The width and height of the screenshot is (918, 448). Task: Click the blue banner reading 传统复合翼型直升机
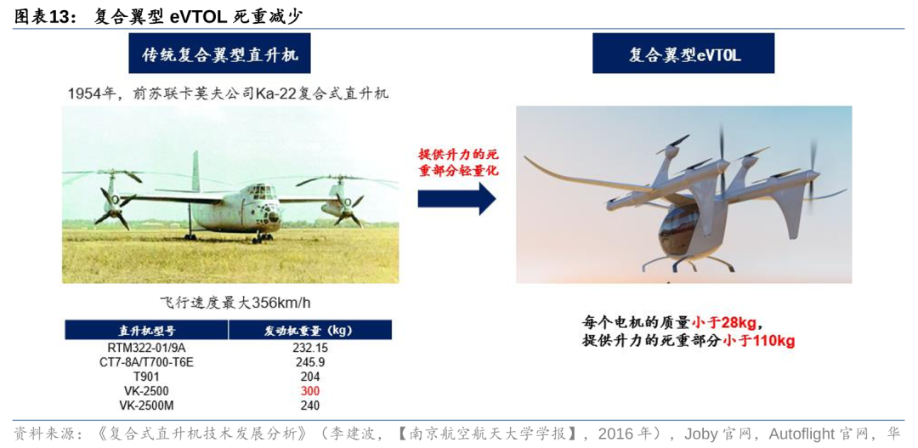[x=219, y=54]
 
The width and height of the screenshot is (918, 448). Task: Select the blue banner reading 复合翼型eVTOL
[x=683, y=54]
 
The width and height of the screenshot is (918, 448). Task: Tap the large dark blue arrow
[x=456, y=198]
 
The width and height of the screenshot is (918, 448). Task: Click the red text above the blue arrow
[x=456, y=162]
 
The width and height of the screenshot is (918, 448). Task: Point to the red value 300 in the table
[x=310, y=391]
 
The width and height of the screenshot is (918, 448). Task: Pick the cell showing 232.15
[x=310, y=348]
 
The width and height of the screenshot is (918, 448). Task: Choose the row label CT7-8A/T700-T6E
[x=146, y=362]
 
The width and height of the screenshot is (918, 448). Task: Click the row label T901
[x=146, y=377]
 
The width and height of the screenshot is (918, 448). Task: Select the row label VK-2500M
[x=146, y=405]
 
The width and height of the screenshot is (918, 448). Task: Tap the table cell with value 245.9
[x=310, y=362]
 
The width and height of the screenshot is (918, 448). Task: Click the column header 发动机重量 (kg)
[x=310, y=330]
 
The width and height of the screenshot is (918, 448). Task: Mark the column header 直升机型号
[x=146, y=330]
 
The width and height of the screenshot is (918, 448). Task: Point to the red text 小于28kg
[x=727, y=322]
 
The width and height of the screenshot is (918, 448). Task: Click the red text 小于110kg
[x=759, y=341]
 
